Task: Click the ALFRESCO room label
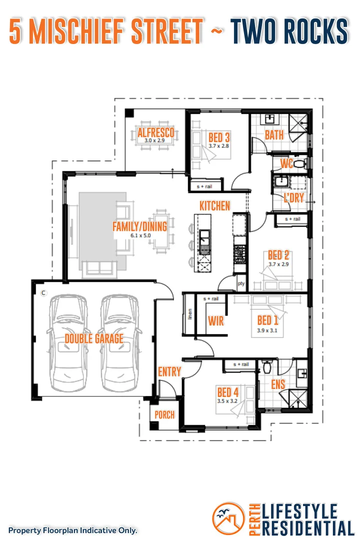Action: tap(156, 132)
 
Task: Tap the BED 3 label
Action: tap(219, 137)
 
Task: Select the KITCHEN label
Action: tap(214, 205)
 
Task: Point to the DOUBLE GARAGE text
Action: tap(94, 338)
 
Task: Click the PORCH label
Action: tap(164, 414)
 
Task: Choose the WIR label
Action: tap(215, 320)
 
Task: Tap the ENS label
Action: tap(278, 384)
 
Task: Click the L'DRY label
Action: tap(294, 197)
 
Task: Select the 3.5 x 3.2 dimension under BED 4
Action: tap(227, 401)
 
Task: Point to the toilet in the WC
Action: tap(299, 163)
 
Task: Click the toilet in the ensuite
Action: tap(267, 367)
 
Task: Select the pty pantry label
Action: tap(241, 283)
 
